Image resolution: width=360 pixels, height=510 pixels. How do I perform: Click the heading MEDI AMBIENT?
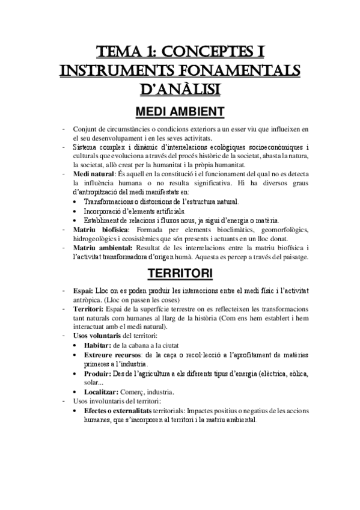coord(180,112)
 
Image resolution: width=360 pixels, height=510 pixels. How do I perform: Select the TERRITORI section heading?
coord(180,274)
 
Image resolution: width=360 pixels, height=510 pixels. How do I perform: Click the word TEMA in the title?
coord(118,50)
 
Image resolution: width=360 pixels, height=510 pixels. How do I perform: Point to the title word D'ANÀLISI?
coord(180,90)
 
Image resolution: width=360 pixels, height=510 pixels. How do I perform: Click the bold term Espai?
coord(84,290)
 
